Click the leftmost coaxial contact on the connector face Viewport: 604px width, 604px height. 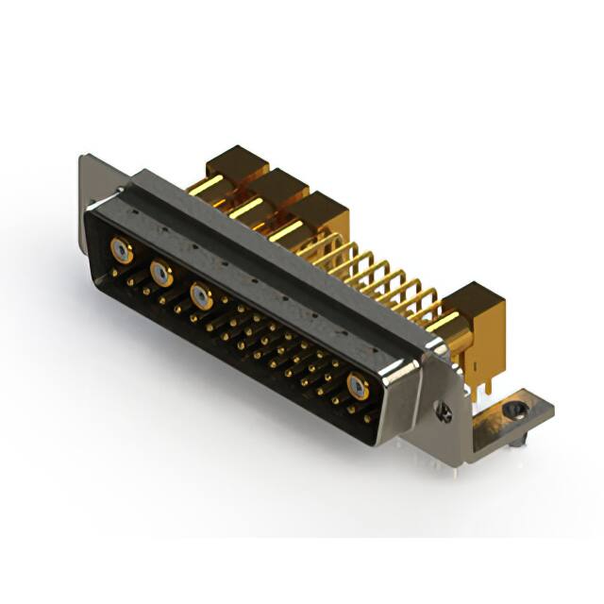tap(120, 250)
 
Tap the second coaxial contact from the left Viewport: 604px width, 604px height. tap(161, 274)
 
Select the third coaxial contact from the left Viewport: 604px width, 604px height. tap(200, 296)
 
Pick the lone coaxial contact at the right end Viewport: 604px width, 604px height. tap(358, 385)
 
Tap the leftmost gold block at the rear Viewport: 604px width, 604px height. tap(237, 162)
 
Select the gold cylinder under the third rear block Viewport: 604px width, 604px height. tap(288, 229)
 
